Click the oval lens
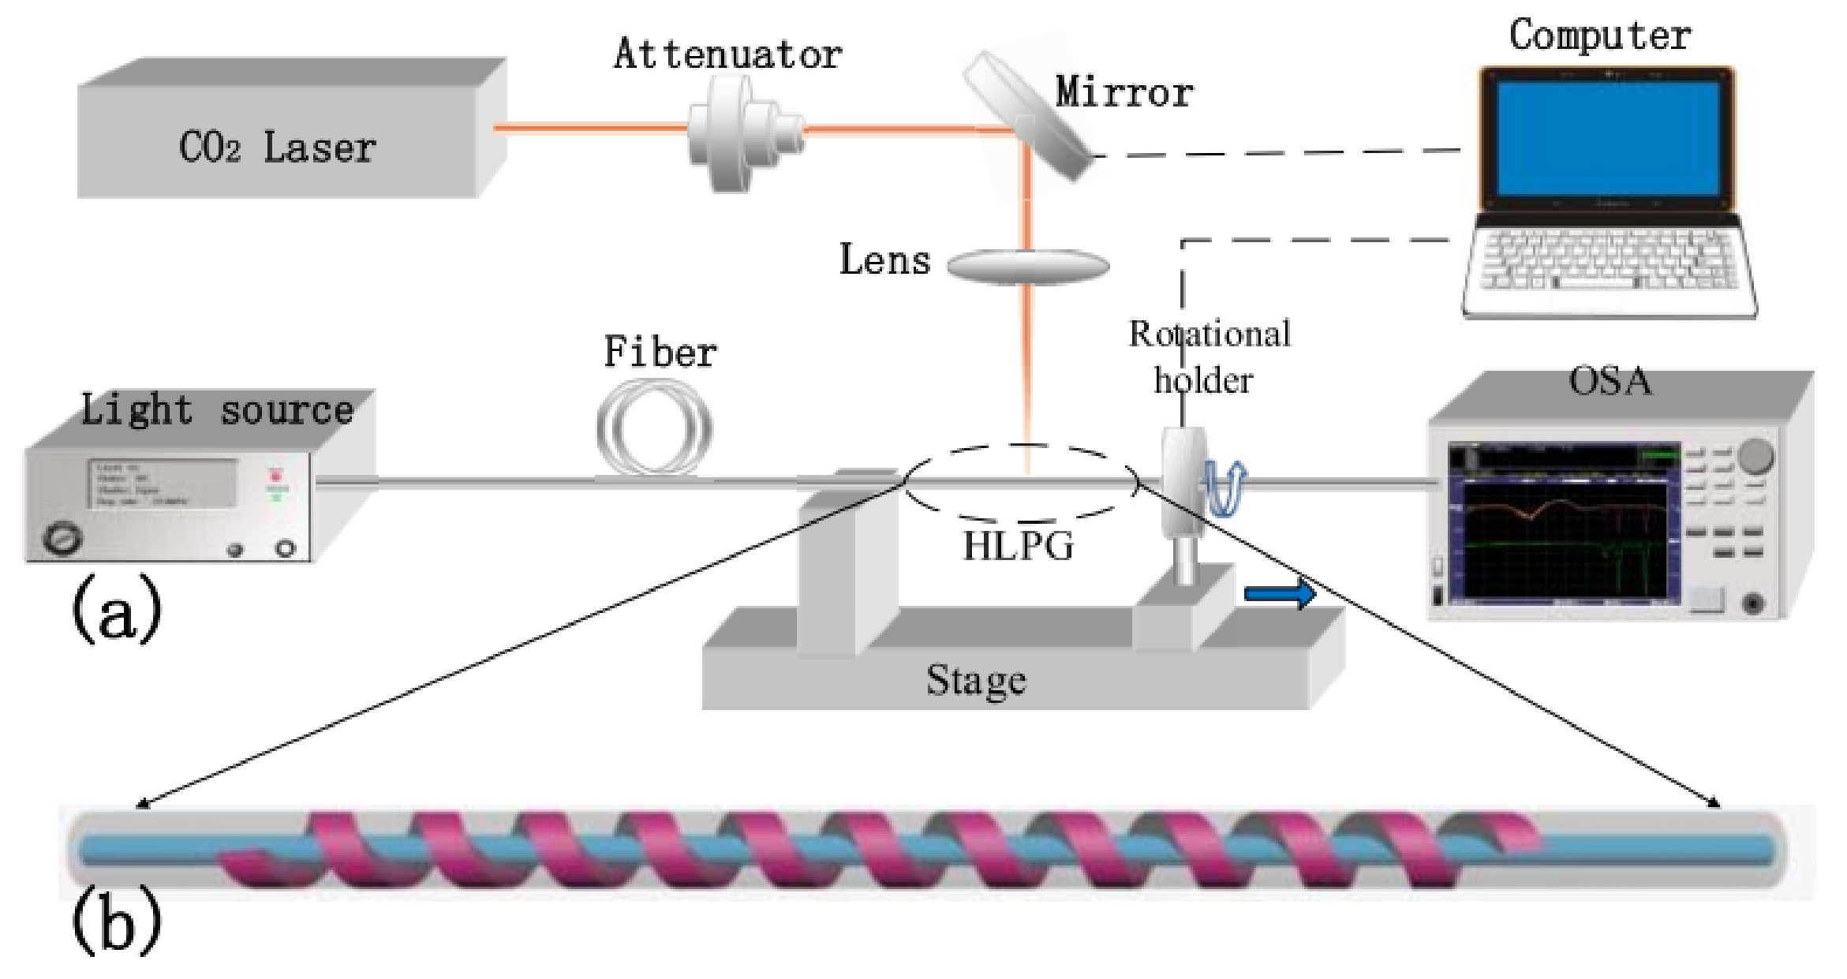1027,266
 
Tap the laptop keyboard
1610,260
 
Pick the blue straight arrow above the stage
1279,594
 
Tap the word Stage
975,681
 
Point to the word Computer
1599,36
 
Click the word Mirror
1124,93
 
